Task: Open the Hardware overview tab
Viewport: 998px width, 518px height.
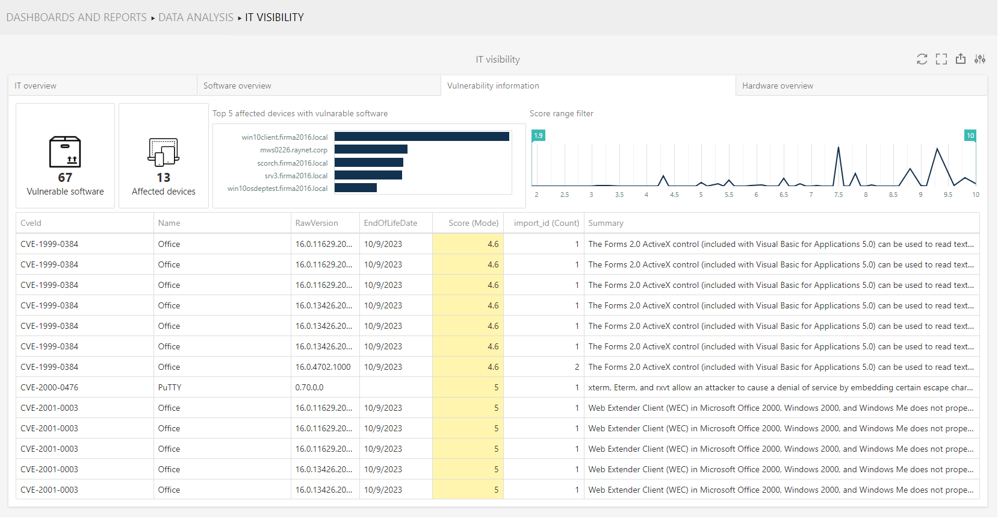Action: tap(777, 86)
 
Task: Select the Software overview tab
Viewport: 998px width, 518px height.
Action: tap(237, 86)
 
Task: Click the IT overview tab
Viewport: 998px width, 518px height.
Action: tap(36, 86)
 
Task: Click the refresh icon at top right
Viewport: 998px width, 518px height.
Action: tap(922, 59)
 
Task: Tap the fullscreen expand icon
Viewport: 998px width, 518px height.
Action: tap(941, 59)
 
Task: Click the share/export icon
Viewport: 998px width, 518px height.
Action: tap(961, 59)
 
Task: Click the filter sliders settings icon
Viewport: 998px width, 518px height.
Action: tap(980, 59)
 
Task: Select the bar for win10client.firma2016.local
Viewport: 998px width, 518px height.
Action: tap(421, 137)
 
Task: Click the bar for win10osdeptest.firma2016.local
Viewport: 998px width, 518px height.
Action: tap(355, 188)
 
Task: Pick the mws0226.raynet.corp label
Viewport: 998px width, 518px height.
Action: tap(294, 150)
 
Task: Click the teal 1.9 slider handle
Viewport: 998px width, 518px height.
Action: tap(538, 136)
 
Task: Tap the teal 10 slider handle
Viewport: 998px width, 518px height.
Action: tap(970, 136)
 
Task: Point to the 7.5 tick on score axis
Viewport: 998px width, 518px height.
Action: tap(838, 195)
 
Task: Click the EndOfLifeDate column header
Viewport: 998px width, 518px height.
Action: tap(390, 223)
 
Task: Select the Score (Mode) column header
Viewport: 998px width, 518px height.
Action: tap(473, 223)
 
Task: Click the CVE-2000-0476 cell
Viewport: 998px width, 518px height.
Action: tap(49, 387)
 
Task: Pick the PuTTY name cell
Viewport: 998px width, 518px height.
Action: tap(170, 387)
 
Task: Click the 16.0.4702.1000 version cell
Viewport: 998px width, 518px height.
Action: tap(323, 367)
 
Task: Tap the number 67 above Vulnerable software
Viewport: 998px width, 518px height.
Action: tap(65, 178)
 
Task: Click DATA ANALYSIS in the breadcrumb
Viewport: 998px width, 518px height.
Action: tap(196, 17)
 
